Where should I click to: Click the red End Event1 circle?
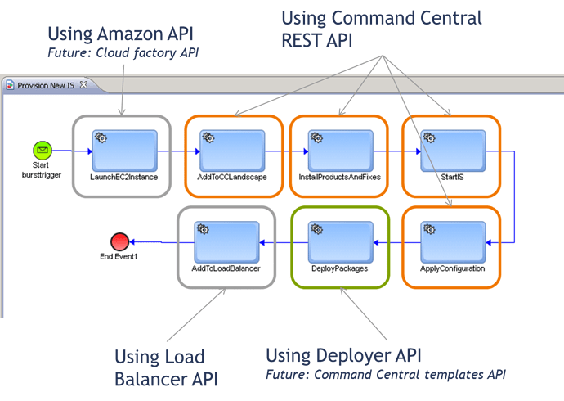[119, 241]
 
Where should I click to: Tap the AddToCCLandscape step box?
[233, 151]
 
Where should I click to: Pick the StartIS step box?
[450, 151]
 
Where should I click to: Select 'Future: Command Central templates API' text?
[386, 376]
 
